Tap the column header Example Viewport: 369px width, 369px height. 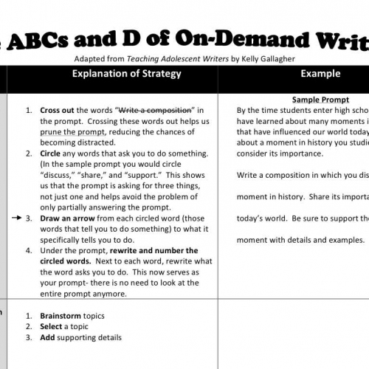pos(320,74)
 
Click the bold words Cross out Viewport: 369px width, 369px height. pos(58,111)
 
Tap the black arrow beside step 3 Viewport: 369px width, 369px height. pos(18,199)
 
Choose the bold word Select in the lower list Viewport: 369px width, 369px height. pos(52,326)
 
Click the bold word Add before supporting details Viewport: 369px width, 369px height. pos(48,337)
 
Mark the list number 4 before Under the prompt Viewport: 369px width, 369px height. pos(30,250)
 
